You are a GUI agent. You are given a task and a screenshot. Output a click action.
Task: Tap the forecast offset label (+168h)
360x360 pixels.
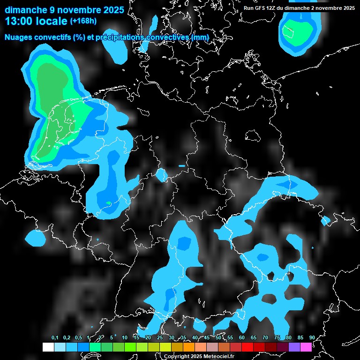point(83,21)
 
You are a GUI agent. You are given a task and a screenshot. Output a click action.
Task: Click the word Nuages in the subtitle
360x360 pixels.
point(18,37)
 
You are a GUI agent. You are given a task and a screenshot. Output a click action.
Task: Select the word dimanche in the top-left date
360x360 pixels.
point(22,9)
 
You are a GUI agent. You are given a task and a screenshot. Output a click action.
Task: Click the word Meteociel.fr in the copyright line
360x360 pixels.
point(219,356)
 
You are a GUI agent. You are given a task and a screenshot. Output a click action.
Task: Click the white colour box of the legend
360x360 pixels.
point(48,347)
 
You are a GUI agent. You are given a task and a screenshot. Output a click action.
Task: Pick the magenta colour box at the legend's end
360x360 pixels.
point(306,347)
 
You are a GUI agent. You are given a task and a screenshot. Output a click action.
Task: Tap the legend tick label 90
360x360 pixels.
point(312,337)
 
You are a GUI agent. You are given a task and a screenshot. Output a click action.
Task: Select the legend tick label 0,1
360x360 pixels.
point(55,337)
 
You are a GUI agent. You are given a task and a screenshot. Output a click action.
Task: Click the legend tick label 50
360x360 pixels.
point(218,337)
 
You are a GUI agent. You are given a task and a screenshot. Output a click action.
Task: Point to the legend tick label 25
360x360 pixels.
point(159,337)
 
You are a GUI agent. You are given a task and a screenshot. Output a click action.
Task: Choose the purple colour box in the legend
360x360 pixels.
point(294,347)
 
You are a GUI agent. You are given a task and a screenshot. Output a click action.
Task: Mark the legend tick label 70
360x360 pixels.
point(265,337)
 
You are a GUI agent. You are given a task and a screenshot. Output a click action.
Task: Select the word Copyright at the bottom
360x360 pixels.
point(174,356)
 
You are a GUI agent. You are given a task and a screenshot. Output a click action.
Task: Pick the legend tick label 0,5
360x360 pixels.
point(78,337)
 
